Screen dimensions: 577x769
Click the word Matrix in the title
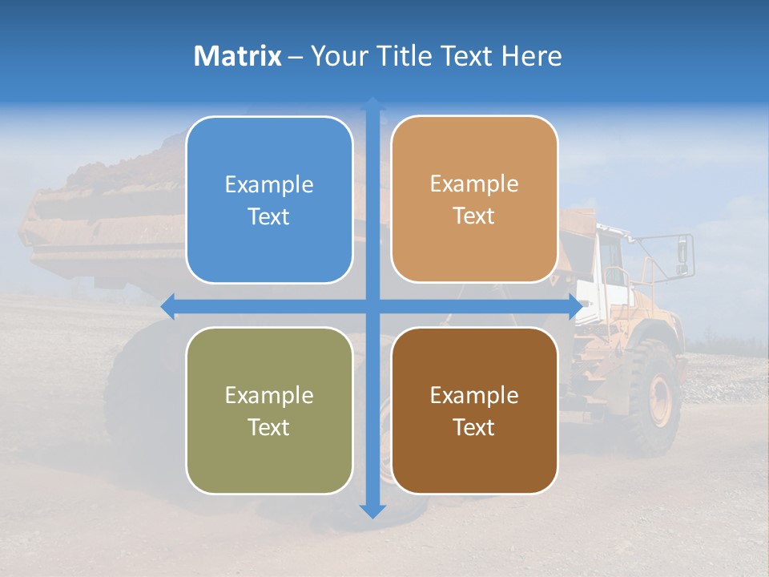coord(238,55)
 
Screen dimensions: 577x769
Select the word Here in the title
coord(531,55)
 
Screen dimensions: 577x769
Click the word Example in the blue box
coord(269,185)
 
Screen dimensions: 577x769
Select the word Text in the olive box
coord(269,427)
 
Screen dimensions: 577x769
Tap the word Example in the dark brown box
coord(474,395)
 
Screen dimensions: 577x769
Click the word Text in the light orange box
coord(474,216)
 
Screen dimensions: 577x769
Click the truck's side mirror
coord(682,252)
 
